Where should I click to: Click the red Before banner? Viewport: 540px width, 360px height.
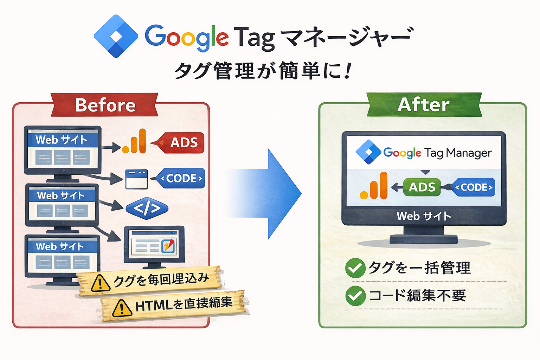(104, 105)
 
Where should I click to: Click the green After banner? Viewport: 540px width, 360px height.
(424, 105)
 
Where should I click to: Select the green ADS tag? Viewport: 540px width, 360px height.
(422, 187)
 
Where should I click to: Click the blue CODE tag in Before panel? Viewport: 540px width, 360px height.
(180, 178)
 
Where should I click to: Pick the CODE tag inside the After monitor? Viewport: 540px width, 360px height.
(472, 187)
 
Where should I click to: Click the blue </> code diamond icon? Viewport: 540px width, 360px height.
(147, 208)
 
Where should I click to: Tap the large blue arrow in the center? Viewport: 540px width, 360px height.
(263, 194)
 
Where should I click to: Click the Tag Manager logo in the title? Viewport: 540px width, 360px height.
(116, 36)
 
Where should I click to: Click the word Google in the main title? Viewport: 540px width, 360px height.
(187, 38)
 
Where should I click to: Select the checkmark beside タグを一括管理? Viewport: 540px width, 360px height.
(355, 268)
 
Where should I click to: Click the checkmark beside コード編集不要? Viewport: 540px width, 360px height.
(355, 296)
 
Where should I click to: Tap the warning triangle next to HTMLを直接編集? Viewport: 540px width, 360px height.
(122, 308)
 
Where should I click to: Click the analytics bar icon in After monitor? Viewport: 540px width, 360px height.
(374, 186)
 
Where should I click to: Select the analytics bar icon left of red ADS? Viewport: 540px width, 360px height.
(134, 141)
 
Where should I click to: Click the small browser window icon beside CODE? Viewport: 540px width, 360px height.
(136, 179)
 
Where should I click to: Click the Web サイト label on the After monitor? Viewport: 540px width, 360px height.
(424, 216)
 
